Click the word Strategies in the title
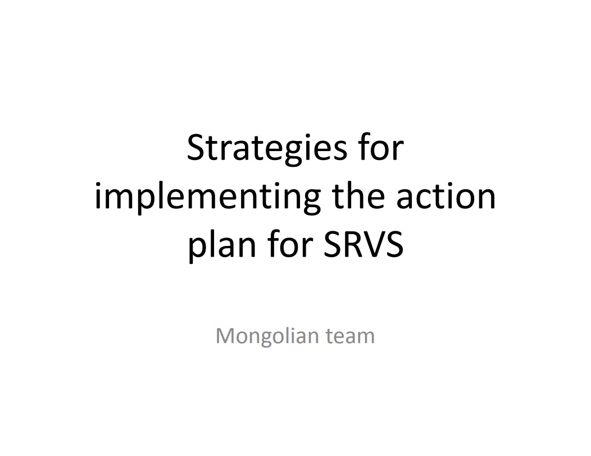point(267,149)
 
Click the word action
point(446,197)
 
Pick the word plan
point(221,246)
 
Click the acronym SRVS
point(363,245)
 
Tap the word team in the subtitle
point(350,336)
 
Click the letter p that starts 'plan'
point(197,249)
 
